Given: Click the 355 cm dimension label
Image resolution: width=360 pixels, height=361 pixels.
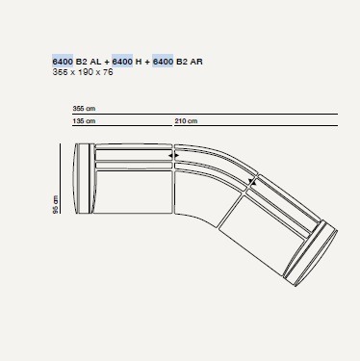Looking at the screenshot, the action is point(84,109).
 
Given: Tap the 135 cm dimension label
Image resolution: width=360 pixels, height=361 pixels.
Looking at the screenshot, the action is point(84,121).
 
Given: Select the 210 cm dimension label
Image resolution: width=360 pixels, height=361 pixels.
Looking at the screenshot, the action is point(186,121).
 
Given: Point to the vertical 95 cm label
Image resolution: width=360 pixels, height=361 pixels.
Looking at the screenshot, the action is point(56,204).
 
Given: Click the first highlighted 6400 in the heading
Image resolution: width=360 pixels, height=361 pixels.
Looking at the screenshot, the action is point(63,61).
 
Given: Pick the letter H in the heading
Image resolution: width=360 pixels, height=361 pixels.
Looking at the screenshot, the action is point(139,61).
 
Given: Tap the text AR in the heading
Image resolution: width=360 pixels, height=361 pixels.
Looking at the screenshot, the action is point(196,61).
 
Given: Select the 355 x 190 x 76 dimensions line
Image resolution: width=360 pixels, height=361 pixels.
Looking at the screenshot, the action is point(83,72).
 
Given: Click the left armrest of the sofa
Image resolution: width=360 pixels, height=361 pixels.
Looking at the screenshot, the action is point(84,178).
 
